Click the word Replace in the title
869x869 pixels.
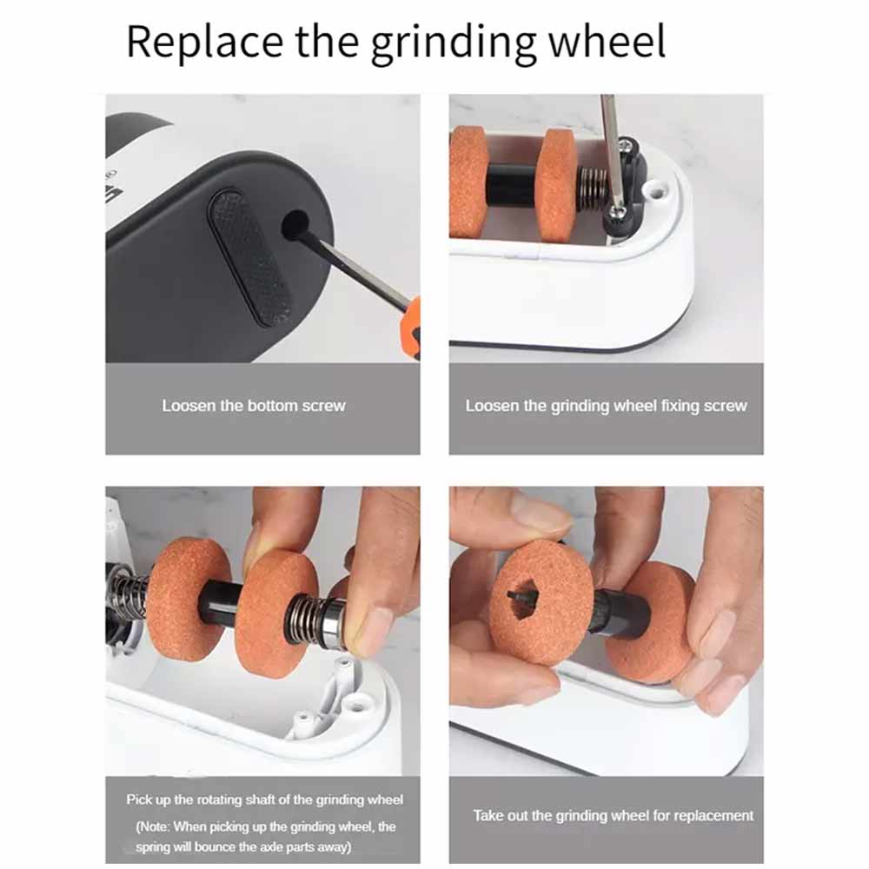click(204, 42)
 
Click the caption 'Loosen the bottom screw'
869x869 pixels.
click(254, 406)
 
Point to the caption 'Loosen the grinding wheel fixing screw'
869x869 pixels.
click(606, 406)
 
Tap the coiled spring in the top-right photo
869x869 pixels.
click(593, 188)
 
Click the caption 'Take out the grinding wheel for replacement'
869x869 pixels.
click(613, 816)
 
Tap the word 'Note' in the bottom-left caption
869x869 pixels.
click(152, 826)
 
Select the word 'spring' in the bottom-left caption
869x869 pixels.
click(152, 848)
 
